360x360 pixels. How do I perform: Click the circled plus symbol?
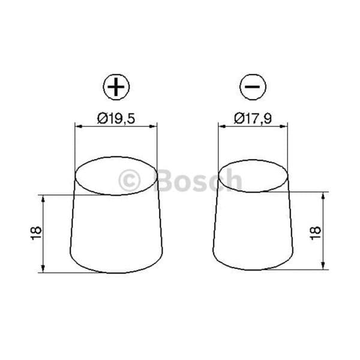[x=116, y=87]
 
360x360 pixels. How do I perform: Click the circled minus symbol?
[x=253, y=87]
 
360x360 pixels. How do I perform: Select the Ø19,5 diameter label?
[x=116, y=119]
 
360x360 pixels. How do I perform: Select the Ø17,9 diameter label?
[x=253, y=119]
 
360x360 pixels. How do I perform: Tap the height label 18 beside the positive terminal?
[x=36, y=233]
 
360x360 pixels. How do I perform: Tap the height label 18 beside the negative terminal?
[x=316, y=233]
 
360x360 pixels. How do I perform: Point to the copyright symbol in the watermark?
[x=129, y=181]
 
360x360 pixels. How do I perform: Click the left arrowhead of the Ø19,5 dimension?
[x=79, y=126]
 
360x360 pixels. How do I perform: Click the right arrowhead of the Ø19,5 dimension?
[x=153, y=126]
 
